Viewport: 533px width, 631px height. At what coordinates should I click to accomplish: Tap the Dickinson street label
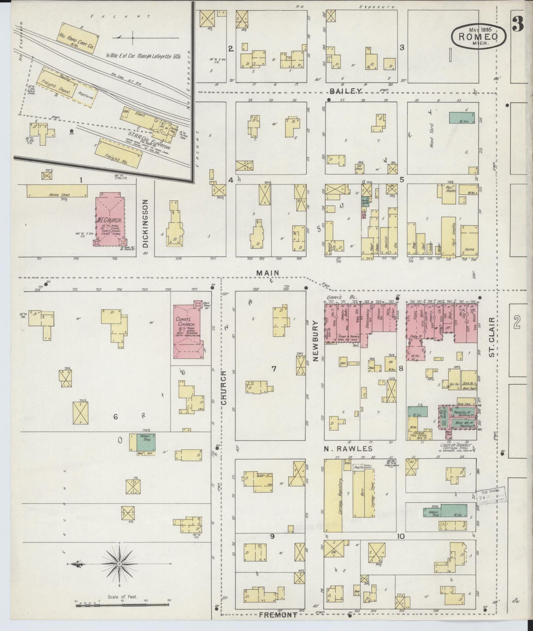pyautogui.click(x=145, y=224)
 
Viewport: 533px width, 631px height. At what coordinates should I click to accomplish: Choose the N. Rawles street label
pyautogui.click(x=348, y=449)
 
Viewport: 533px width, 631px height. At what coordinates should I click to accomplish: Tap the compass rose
pyautogui.click(x=120, y=564)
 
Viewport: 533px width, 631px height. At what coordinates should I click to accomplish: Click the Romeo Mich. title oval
pyautogui.click(x=479, y=36)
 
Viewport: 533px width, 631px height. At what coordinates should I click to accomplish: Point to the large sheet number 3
pyautogui.click(x=519, y=25)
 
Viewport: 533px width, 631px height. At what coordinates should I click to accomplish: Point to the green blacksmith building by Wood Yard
pyautogui.click(x=462, y=118)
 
